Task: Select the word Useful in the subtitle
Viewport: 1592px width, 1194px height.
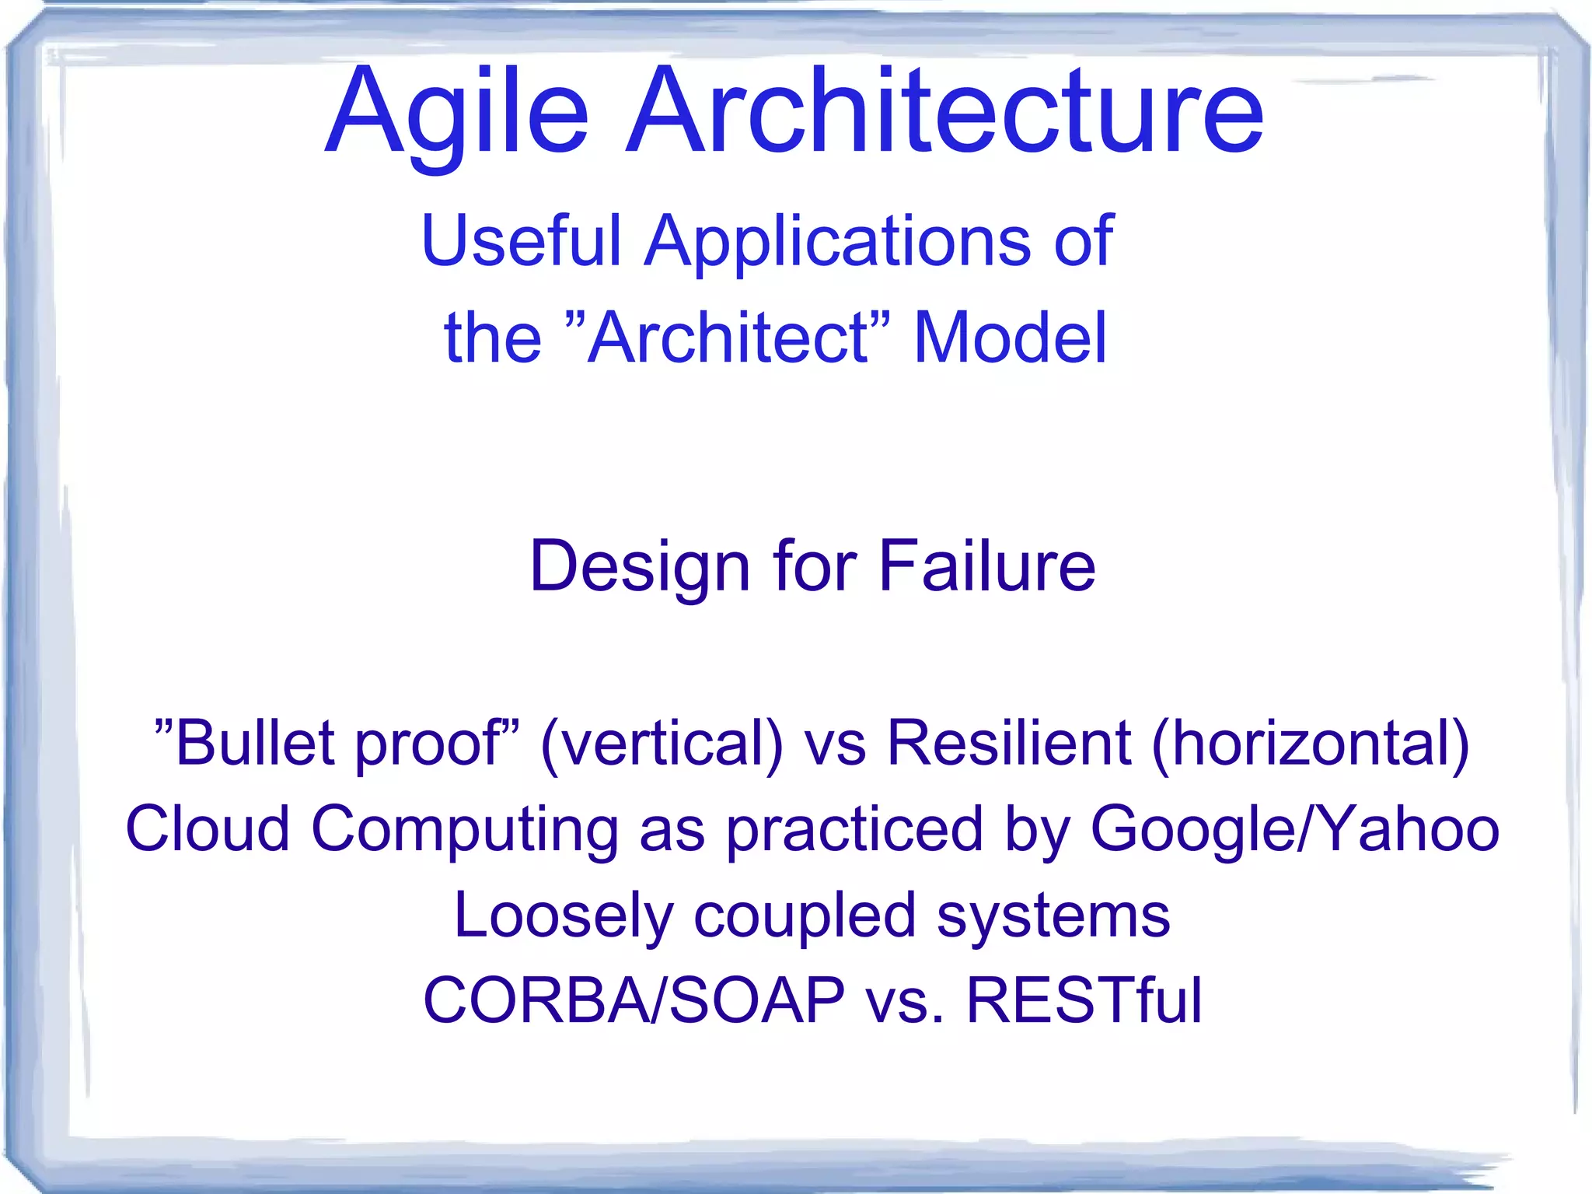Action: [x=522, y=241]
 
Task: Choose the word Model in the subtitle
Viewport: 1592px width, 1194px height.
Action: [x=1010, y=338]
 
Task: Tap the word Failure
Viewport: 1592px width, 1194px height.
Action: [x=986, y=566]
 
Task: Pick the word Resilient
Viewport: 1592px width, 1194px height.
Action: [x=1008, y=743]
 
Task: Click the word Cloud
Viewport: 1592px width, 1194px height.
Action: [x=208, y=828]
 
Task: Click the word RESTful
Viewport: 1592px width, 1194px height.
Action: [x=1084, y=1000]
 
